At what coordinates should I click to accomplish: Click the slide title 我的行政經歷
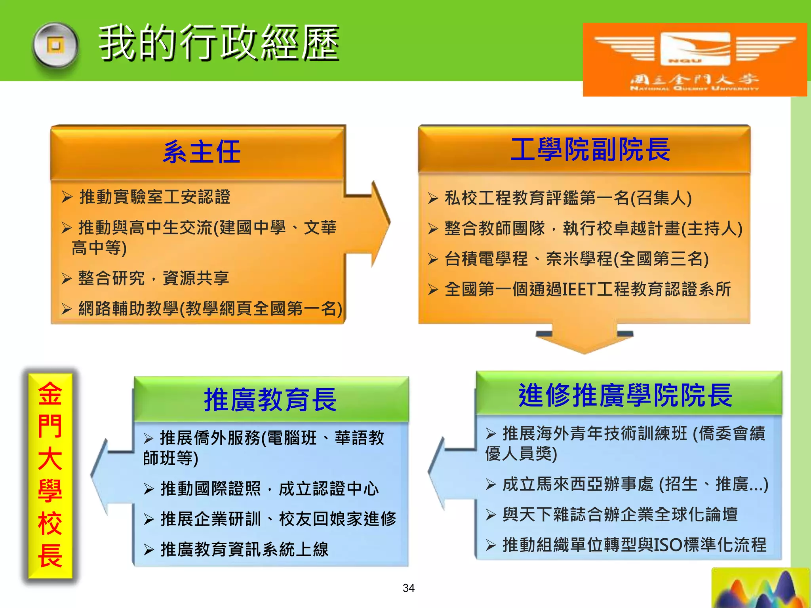tap(219, 43)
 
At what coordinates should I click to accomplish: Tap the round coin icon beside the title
tap(55, 47)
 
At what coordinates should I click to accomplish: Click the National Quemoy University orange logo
tap(695, 59)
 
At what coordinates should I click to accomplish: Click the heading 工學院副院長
tap(590, 150)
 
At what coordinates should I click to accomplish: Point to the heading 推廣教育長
tap(270, 400)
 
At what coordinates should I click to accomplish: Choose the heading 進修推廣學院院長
tap(626, 395)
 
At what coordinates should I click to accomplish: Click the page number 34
tap(408, 588)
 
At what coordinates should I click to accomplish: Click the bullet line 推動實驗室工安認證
tap(154, 197)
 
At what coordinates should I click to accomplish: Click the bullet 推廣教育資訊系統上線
tap(244, 549)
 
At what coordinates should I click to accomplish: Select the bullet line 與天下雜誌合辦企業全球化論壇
tap(620, 515)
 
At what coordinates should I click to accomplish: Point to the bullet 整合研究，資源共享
tap(153, 278)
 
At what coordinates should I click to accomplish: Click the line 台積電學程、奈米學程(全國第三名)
tap(576, 259)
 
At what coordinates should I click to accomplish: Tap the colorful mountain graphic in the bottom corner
tap(760, 590)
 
